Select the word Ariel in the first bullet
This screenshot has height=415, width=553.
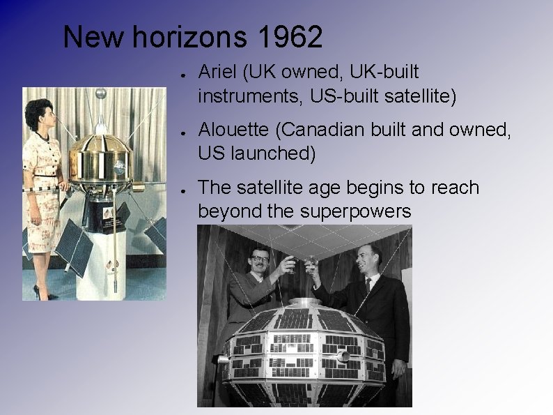pos(217,72)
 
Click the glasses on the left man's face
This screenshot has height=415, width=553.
pos(259,259)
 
